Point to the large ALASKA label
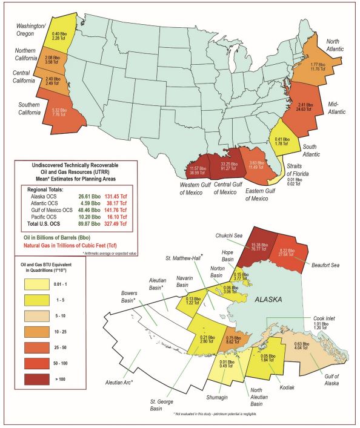point(272,300)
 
